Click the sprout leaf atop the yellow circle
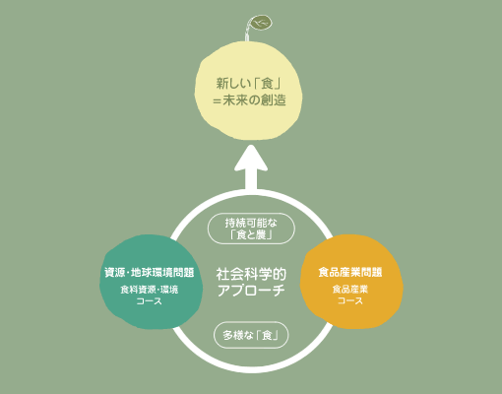pos(261,23)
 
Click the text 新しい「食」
pos(249,84)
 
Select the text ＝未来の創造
pos(249,99)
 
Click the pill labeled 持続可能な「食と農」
pos(251,229)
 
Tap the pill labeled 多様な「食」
pos(251,335)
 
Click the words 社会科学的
pos(251,274)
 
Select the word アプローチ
pos(251,291)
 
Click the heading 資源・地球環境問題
pos(150,273)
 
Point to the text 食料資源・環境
pos(150,290)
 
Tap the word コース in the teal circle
pos(150,301)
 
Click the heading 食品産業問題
pos(350,272)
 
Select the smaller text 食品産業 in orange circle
pos(350,290)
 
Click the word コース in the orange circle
pos(350,300)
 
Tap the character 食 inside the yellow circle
pos(267,84)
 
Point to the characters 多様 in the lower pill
pos(234,335)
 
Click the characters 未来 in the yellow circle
pos(235,99)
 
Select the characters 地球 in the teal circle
pos(141,273)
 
